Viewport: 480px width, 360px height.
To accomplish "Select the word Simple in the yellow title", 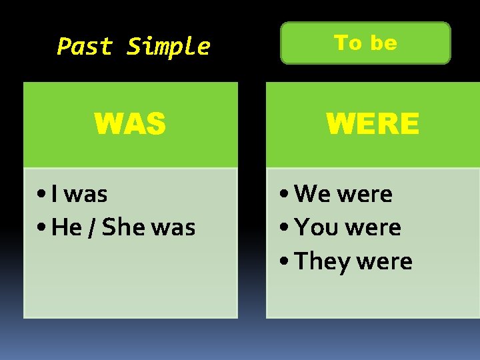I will pos(168,47).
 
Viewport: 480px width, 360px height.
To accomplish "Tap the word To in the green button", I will pos(347,43).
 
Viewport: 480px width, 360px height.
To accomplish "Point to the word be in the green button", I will pos(383,43).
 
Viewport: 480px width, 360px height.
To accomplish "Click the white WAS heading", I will pos(130,124).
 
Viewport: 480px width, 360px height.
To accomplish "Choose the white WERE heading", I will pos(373,124).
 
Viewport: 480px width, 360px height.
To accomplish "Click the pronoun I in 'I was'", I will pos(54,195).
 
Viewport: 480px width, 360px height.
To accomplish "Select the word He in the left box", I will pos(66,228).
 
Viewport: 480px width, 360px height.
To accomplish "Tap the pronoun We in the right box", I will pos(313,195).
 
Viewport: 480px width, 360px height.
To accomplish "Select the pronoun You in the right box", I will pos(316,228).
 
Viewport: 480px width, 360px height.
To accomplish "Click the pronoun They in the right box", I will pos(322,261).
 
